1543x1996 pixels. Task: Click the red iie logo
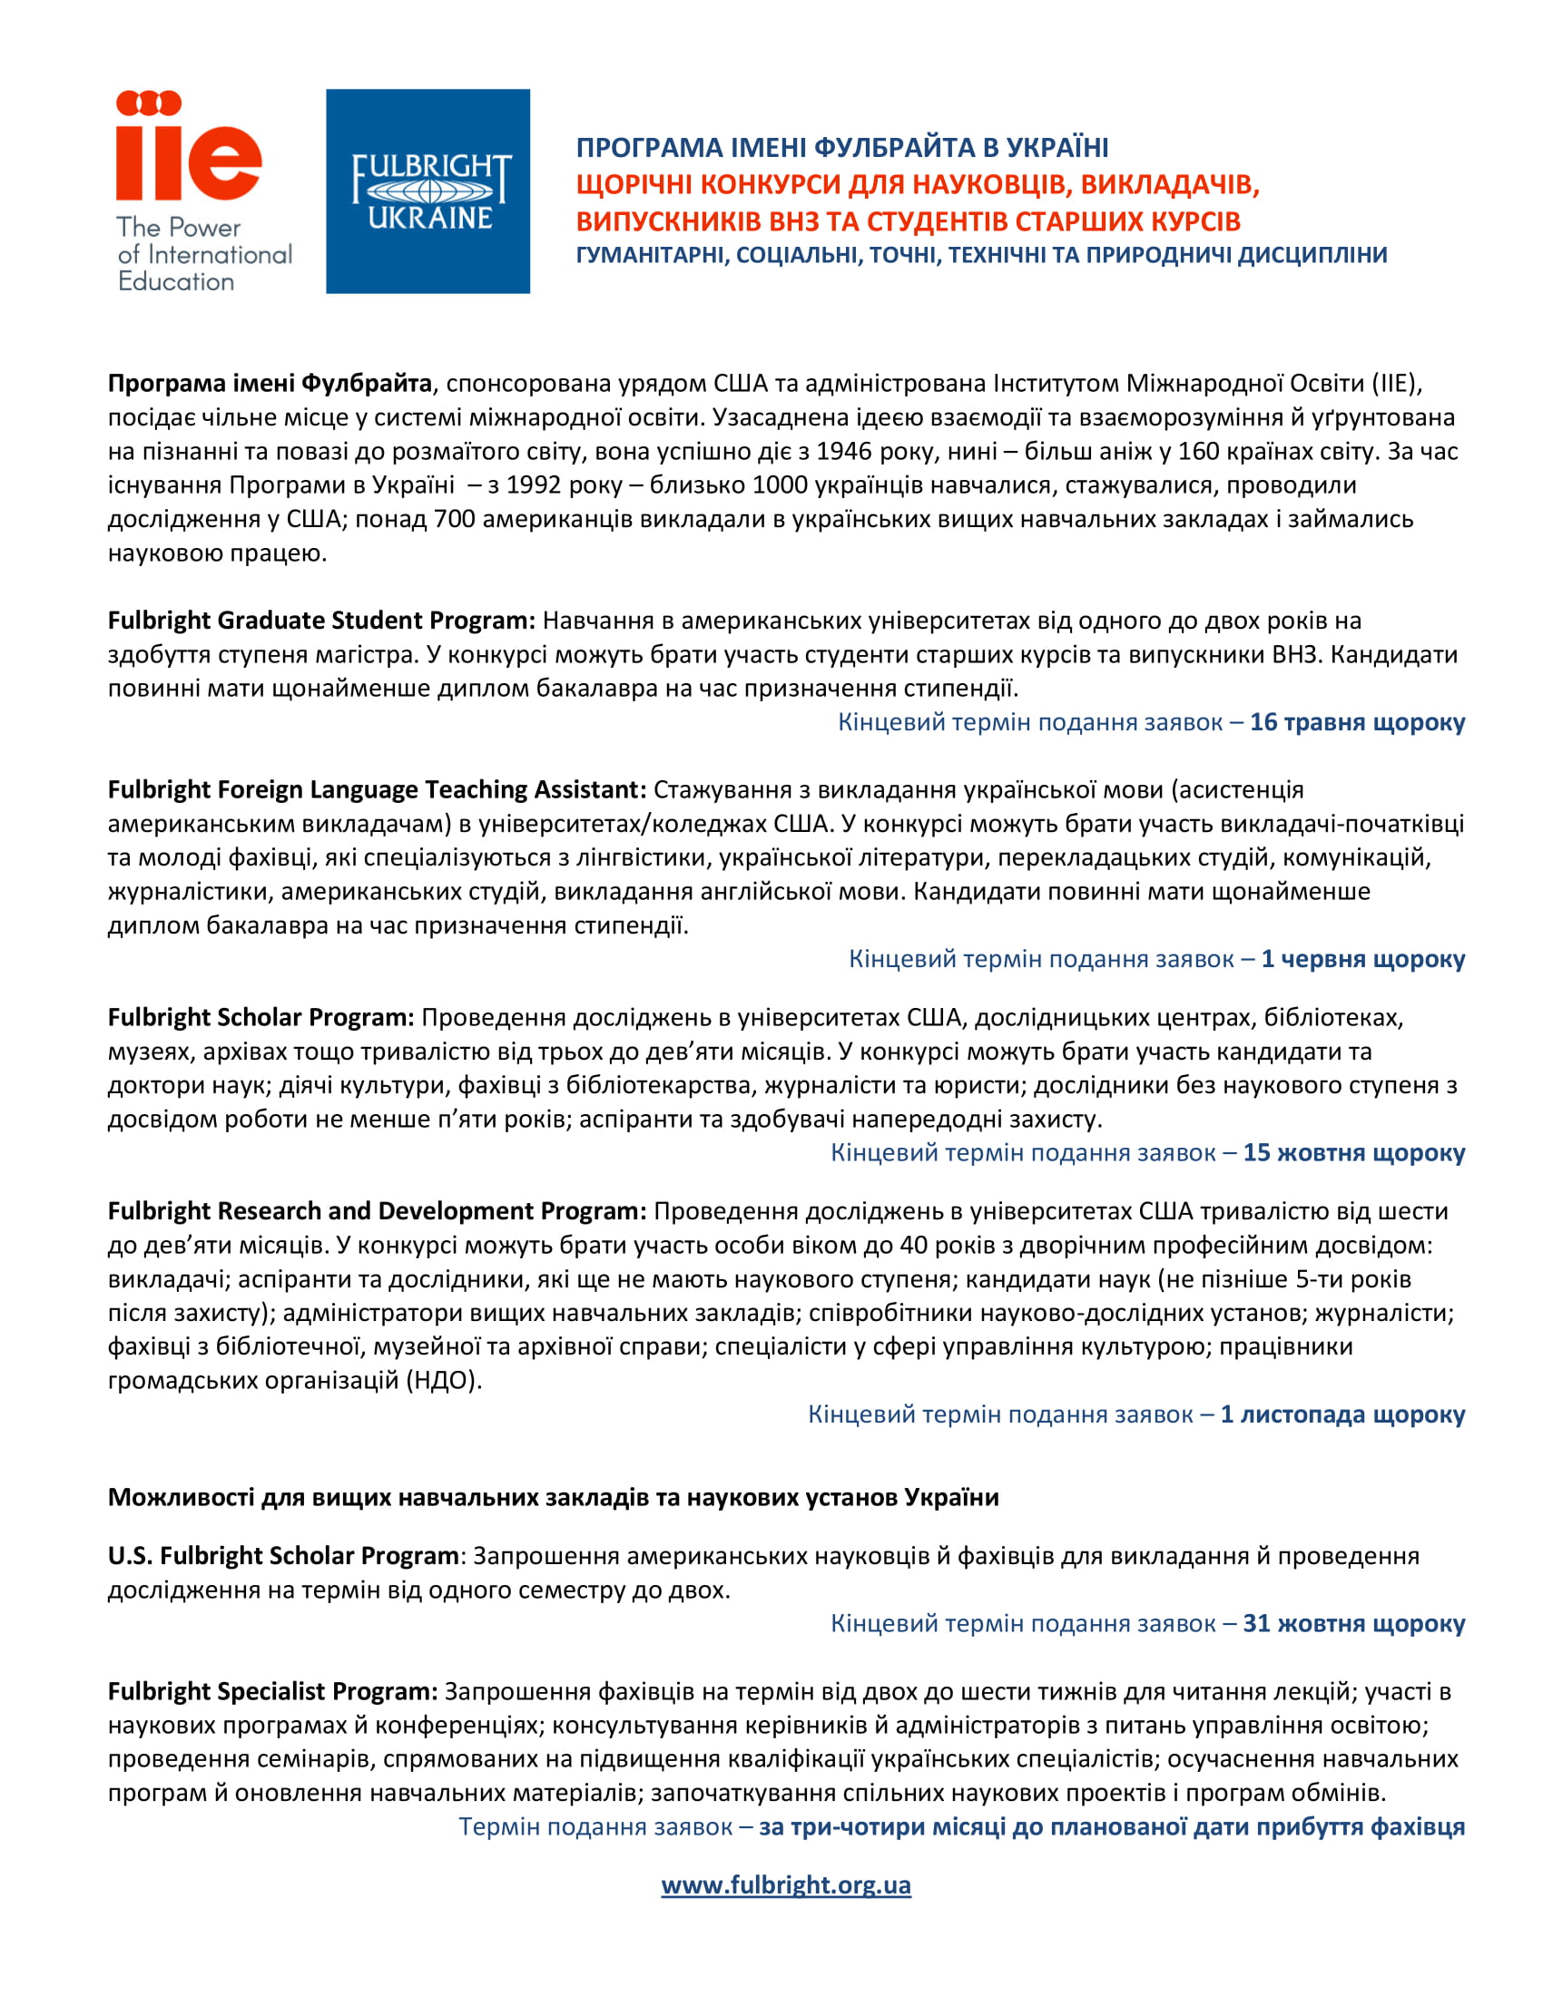pyautogui.click(x=188, y=146)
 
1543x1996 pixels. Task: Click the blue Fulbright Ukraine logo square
pyautogui.click(x=428, y=191)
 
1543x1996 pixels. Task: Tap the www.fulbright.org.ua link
pyautogui.click(x=785, y=1884)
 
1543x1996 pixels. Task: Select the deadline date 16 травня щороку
pyautogui.click(x=1357, y=722)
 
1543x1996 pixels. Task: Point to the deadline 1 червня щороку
pyautogui.click(x=1362, y=959)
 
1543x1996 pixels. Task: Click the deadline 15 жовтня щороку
pyautogui.click(x=1353, y=1152)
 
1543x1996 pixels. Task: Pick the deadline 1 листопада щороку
pyautogui.click(x=1342, y=1414)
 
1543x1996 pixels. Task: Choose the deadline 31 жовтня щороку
pyautogui.click(x=1353, y=1623)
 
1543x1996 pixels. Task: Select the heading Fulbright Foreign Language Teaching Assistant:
pyautogui.click(x=377, y=789)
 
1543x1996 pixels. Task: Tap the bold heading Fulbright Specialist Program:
pyautogui.click(x=272, y=1692)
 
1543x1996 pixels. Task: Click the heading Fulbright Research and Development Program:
pyautogui.click(x=377, y=1211)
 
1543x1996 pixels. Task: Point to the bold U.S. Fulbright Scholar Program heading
pyautogui.click(x=283, y=1555)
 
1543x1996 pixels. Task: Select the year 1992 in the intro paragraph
pyautogui.click(x=536, y=485)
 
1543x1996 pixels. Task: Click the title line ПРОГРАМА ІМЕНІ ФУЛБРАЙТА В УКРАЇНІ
pyautogui.click(x=842, y=147)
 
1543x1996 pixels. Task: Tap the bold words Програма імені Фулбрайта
pyautogui.click(x=270, y=384)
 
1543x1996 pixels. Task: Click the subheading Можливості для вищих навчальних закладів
pyautogui.click(x=553, y=1497)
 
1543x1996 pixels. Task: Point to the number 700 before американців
pyautogui.click(x=455, y=519)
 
